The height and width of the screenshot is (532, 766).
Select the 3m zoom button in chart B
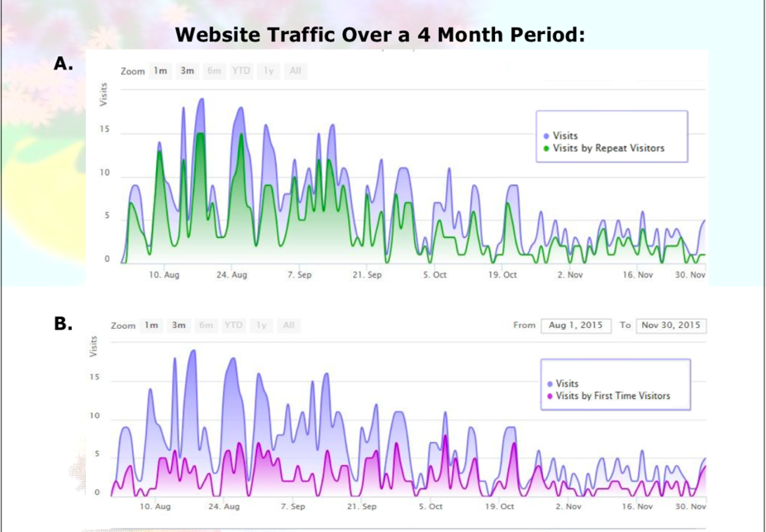click(x=178, y=325)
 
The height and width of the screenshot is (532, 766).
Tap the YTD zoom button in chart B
click(x=234, y=325)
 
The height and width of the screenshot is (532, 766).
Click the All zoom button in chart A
click(x=294, y=71)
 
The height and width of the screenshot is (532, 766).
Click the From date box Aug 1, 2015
click(x=576, y=325)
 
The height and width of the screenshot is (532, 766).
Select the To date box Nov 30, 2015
click(x=670, y=325)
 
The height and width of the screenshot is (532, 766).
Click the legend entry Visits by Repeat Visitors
click(x=609, y=149)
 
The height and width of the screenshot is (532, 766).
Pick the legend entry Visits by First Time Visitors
click(x=612, y=396)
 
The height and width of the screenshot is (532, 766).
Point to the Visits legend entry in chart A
click(x=566, y=135)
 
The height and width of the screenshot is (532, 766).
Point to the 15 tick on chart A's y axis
click(x=104, y=130)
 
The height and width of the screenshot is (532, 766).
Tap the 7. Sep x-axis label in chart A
click(x=299, y=275)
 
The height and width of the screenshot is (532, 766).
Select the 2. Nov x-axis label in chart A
click(x=570, y=275)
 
